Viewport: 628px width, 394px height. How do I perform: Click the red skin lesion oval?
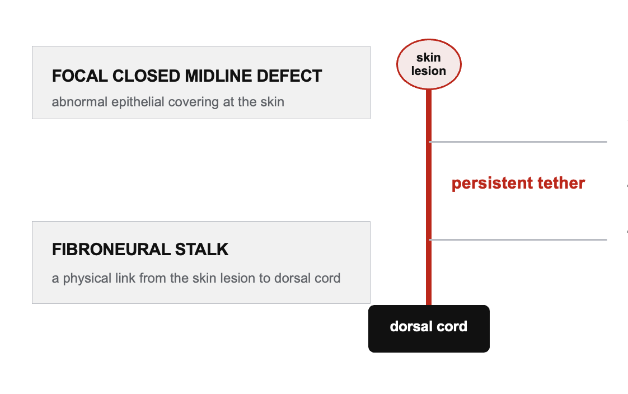point(429,64)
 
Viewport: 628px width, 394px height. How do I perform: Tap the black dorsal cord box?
point(429,329)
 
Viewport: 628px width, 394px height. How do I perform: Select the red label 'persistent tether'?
point(518,183)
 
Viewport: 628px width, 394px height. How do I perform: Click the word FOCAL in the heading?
point(79,76)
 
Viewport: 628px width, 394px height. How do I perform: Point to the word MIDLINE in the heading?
point(218,76)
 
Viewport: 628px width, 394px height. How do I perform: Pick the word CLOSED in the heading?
point(146,76)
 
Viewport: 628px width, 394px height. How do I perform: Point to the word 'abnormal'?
point(79,102)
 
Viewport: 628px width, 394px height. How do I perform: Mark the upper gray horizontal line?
point(518,142)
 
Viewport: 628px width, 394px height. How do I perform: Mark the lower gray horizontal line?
point(518,240)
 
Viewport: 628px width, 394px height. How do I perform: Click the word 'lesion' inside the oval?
point(429,71)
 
